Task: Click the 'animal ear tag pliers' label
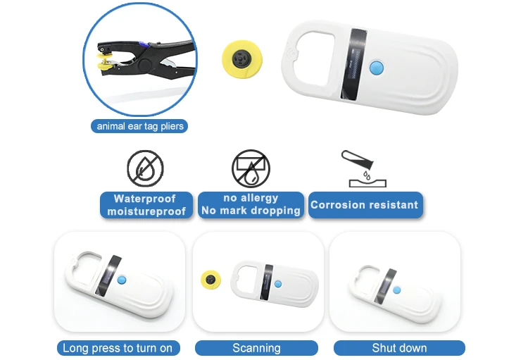(139, 126)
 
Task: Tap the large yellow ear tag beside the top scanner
(241, 58)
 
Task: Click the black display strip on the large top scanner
(354, 64)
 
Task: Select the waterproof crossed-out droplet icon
(145, 168)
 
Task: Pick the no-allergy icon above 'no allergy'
(251, 168)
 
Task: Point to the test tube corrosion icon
(363, 168)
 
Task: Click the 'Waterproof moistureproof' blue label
(146, 205)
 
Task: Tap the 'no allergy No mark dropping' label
(251, 204)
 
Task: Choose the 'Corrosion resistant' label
(365, 205)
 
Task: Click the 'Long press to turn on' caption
(118, 348)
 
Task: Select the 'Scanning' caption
(256, 348)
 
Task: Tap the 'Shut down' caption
(399, 348)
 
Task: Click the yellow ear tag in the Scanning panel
(210, 279)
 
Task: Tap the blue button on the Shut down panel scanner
(397, 290)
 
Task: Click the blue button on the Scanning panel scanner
(278, 284)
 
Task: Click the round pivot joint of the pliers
(145, 65)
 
